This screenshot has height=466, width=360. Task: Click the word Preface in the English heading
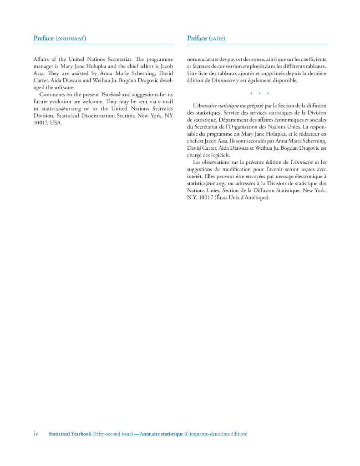point(43,38)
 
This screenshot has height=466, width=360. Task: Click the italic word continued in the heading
point(71,38)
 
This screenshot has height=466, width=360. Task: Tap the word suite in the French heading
point(217,38)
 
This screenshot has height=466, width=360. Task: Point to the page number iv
point(36,434)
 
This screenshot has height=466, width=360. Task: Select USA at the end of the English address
point(56,122)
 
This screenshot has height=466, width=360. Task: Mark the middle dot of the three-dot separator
point(259,94)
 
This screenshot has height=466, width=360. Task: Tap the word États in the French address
point(223,197)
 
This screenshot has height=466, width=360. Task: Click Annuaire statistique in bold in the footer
point(161,434)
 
